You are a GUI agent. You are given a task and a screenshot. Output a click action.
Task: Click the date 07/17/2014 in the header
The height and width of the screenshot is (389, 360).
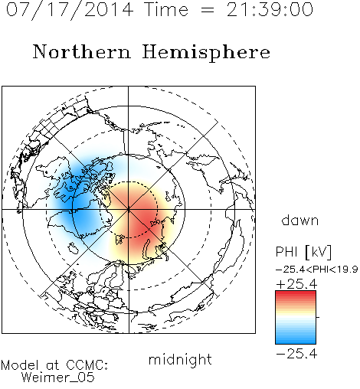pos(70,10)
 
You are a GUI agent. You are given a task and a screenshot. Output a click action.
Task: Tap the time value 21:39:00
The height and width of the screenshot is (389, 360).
pos(270,9)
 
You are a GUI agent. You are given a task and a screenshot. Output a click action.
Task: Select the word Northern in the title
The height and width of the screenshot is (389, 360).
pos(82,51)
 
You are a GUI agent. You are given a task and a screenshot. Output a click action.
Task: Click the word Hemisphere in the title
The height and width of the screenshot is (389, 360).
pos(206,53)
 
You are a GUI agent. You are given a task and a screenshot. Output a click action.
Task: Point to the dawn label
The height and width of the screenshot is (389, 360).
pos(300,220)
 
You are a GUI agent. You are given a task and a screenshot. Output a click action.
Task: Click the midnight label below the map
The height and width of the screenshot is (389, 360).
pos(180,359)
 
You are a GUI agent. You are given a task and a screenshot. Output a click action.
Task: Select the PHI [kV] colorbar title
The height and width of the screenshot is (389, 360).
pos(303,252)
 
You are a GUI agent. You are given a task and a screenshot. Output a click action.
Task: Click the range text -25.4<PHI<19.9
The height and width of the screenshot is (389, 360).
pos(316,269)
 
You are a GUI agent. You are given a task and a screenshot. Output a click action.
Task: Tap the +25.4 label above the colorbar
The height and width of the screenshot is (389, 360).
pos(296,284)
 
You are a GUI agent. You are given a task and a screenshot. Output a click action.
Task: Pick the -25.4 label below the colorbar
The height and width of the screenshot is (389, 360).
pos(296,354)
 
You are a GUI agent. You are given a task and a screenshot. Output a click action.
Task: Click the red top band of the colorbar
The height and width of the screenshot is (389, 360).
pos(296,295)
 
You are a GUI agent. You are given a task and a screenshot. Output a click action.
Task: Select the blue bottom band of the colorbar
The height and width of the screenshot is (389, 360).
pos(296,340)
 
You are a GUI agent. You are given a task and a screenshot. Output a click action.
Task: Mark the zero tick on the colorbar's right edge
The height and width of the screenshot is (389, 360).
pos(318,317)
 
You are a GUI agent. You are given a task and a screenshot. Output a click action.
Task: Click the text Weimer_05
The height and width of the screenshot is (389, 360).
pos(58,377)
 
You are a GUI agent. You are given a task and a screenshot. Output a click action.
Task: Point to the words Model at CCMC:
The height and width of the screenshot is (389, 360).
pos(54,365)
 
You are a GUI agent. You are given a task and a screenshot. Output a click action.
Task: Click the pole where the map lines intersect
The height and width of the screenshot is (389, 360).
pos(129,210)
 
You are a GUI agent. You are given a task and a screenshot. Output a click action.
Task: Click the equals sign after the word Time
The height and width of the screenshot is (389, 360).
pos(207,10)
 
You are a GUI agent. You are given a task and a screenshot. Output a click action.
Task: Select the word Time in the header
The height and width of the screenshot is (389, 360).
pos(166,9)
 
